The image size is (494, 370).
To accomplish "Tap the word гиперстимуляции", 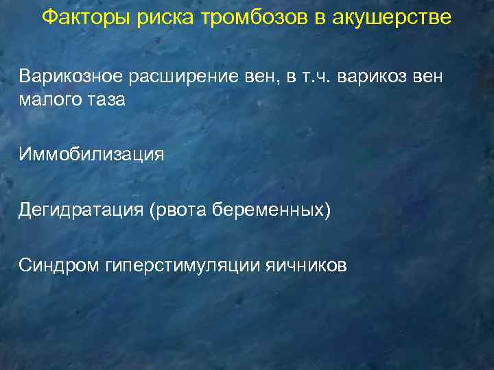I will [x=184, y=264].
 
